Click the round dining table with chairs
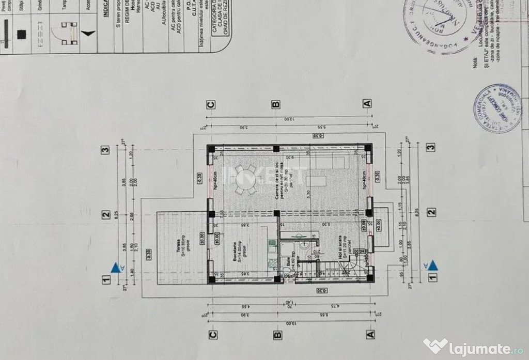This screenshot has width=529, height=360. (245, 180)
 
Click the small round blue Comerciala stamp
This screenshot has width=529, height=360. (497, 108)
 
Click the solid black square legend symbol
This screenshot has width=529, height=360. (21, 34)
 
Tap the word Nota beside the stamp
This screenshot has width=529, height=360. (475, 62)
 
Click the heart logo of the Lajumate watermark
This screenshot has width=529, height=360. (435, 345)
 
